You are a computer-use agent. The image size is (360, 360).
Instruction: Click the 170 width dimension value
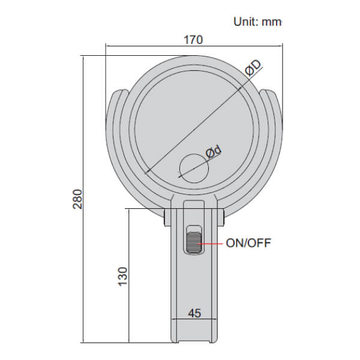(193, 40)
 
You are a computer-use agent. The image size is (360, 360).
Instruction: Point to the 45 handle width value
(194, 313)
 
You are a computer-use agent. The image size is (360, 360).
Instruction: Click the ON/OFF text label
(248, 244)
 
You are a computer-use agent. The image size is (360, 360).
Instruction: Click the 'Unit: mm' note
(257, 22)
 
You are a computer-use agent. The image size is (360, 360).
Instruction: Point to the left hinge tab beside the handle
(168, 215)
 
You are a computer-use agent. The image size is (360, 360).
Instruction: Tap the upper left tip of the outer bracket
(118, 94)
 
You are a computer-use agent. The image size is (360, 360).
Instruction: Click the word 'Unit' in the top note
(243, 22)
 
